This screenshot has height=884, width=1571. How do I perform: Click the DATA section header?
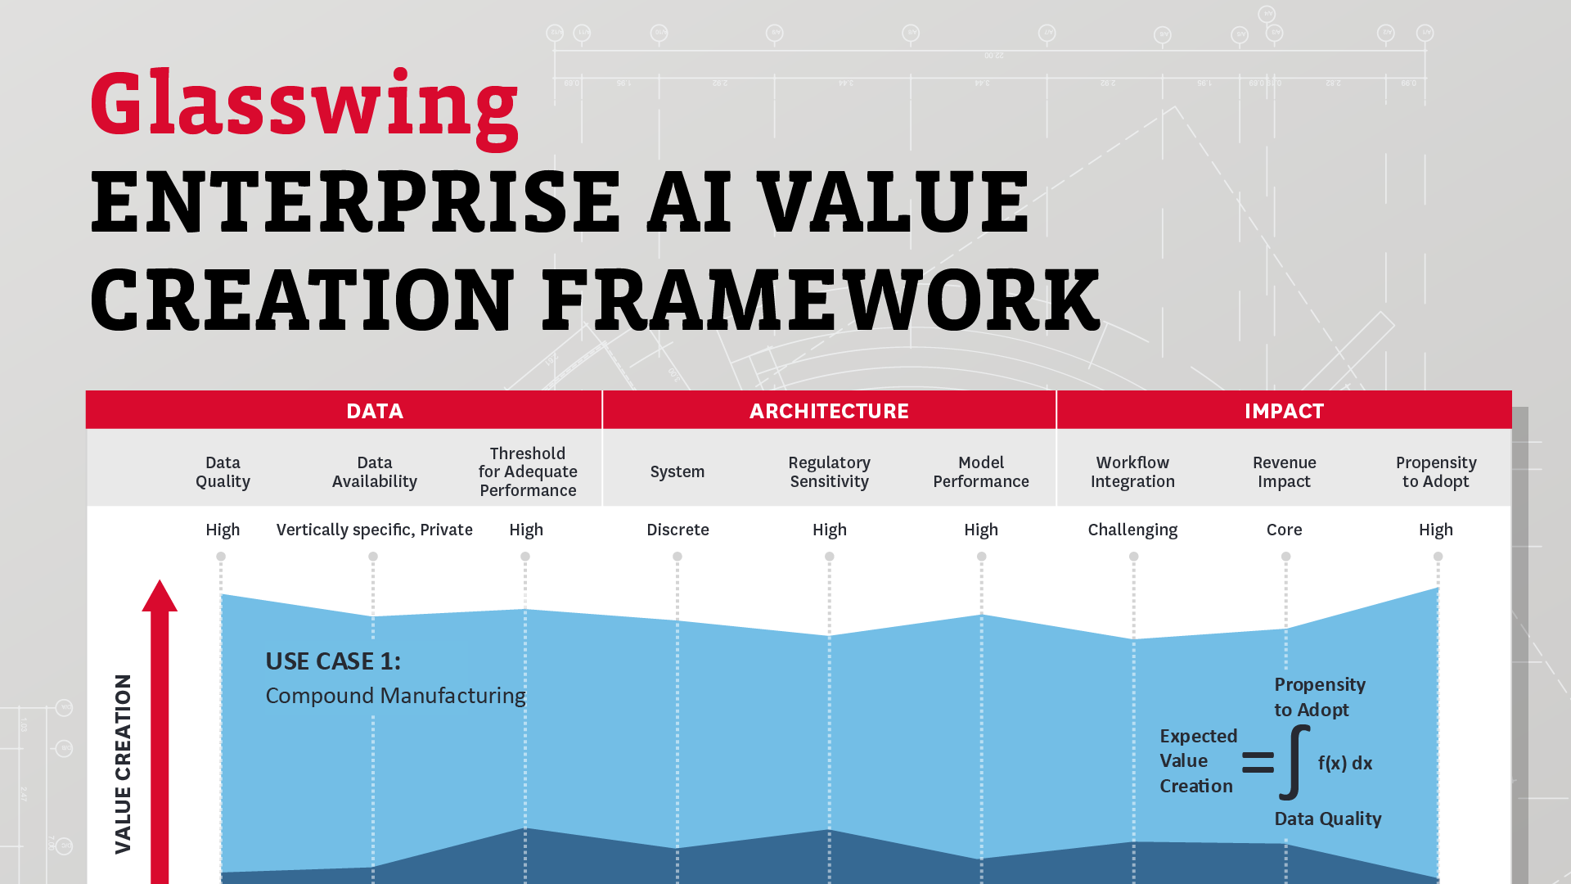[x=375, y=411]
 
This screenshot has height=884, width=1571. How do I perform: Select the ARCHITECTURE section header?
[x=829, y=411]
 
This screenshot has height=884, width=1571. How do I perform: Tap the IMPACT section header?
[x=1284, y=411]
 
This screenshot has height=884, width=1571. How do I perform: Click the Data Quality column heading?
[x=223, y=472]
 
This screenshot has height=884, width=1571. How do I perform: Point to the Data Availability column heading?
[x=375, y=472]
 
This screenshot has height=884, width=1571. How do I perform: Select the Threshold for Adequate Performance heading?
[x=528, y=472]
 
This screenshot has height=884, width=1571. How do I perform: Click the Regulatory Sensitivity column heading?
[x=829, y=472]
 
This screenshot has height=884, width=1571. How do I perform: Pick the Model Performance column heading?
[x=981, y=472]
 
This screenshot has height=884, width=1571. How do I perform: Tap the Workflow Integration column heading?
[x=1132, y=472]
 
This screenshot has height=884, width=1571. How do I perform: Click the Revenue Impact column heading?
[x=1284, y=472]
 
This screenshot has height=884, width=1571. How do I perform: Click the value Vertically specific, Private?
[x=375, y=530]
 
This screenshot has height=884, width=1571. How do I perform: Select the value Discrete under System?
[x=677, y=530]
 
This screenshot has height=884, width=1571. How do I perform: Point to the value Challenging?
[x=1132, y=530]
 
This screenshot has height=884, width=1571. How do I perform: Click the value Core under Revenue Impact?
[x=1284, y=530]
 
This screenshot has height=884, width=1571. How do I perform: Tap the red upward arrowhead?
[x=160, y=598]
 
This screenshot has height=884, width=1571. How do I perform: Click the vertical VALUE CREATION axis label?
[x=123, y=764]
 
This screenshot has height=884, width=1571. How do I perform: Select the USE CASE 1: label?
[x=333, y=661]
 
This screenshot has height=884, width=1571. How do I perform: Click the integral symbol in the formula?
[x=1294, y=762]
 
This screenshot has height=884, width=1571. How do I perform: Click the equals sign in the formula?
[x=1258, y=762]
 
